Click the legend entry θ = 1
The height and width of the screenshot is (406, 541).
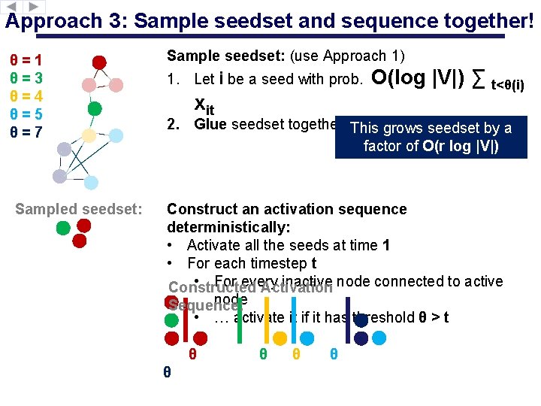tap(26, 60)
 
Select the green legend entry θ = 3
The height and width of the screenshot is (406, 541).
tap(26, 78)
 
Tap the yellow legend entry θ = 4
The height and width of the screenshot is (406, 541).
tap(26, 96)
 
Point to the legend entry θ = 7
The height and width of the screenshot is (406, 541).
tap(26, 132)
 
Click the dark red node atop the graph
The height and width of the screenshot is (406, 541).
tap(99, 62)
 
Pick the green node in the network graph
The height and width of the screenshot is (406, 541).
tap(95, 108)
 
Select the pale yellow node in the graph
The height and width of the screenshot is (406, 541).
tap(89, 135)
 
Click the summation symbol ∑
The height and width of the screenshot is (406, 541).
tap(478, 80)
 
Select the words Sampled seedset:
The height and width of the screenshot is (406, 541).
tap(79, 209)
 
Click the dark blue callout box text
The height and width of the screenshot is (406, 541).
tap(431, 137)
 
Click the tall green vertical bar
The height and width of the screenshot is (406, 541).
tap(239, 322)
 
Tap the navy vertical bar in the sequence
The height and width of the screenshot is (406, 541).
tap(347, 320)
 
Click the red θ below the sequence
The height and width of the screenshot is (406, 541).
tap(193, 354)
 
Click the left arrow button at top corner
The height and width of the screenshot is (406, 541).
tap(11, 6)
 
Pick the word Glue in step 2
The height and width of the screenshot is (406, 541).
tap(210, 125)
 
